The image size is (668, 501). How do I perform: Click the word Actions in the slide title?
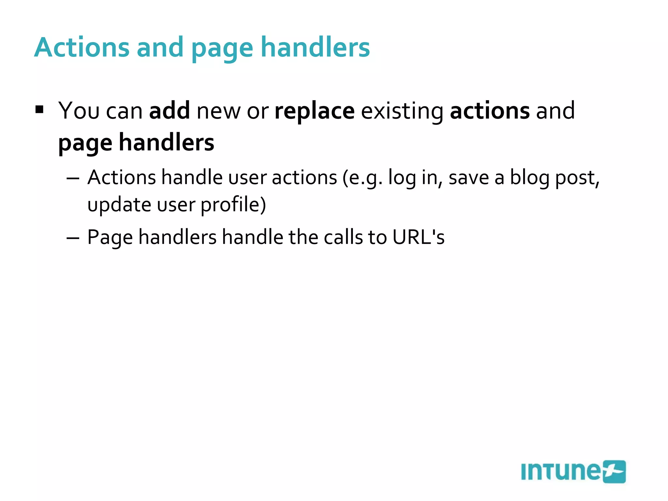pyautogui.click(x=82, y=48)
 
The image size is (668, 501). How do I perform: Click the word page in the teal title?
pyautogui.click(x=222, y=49)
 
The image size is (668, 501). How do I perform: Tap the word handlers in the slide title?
pyautogui.click(x=315, y=48)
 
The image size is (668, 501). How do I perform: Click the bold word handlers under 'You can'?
pyautogui.click(x=166, y=142)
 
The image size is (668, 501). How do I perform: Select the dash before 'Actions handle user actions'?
pyautogui.click(x=73, y=178)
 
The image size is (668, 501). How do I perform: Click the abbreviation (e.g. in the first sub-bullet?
pyautogui.click(x=362, y=178)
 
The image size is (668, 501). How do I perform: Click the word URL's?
pyautogui.click(x=418, y=237)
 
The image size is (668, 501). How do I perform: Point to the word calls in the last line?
pyautogui.click(x=343, y=237)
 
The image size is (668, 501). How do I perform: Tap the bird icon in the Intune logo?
pyautogui.click(x=614, y=472)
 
